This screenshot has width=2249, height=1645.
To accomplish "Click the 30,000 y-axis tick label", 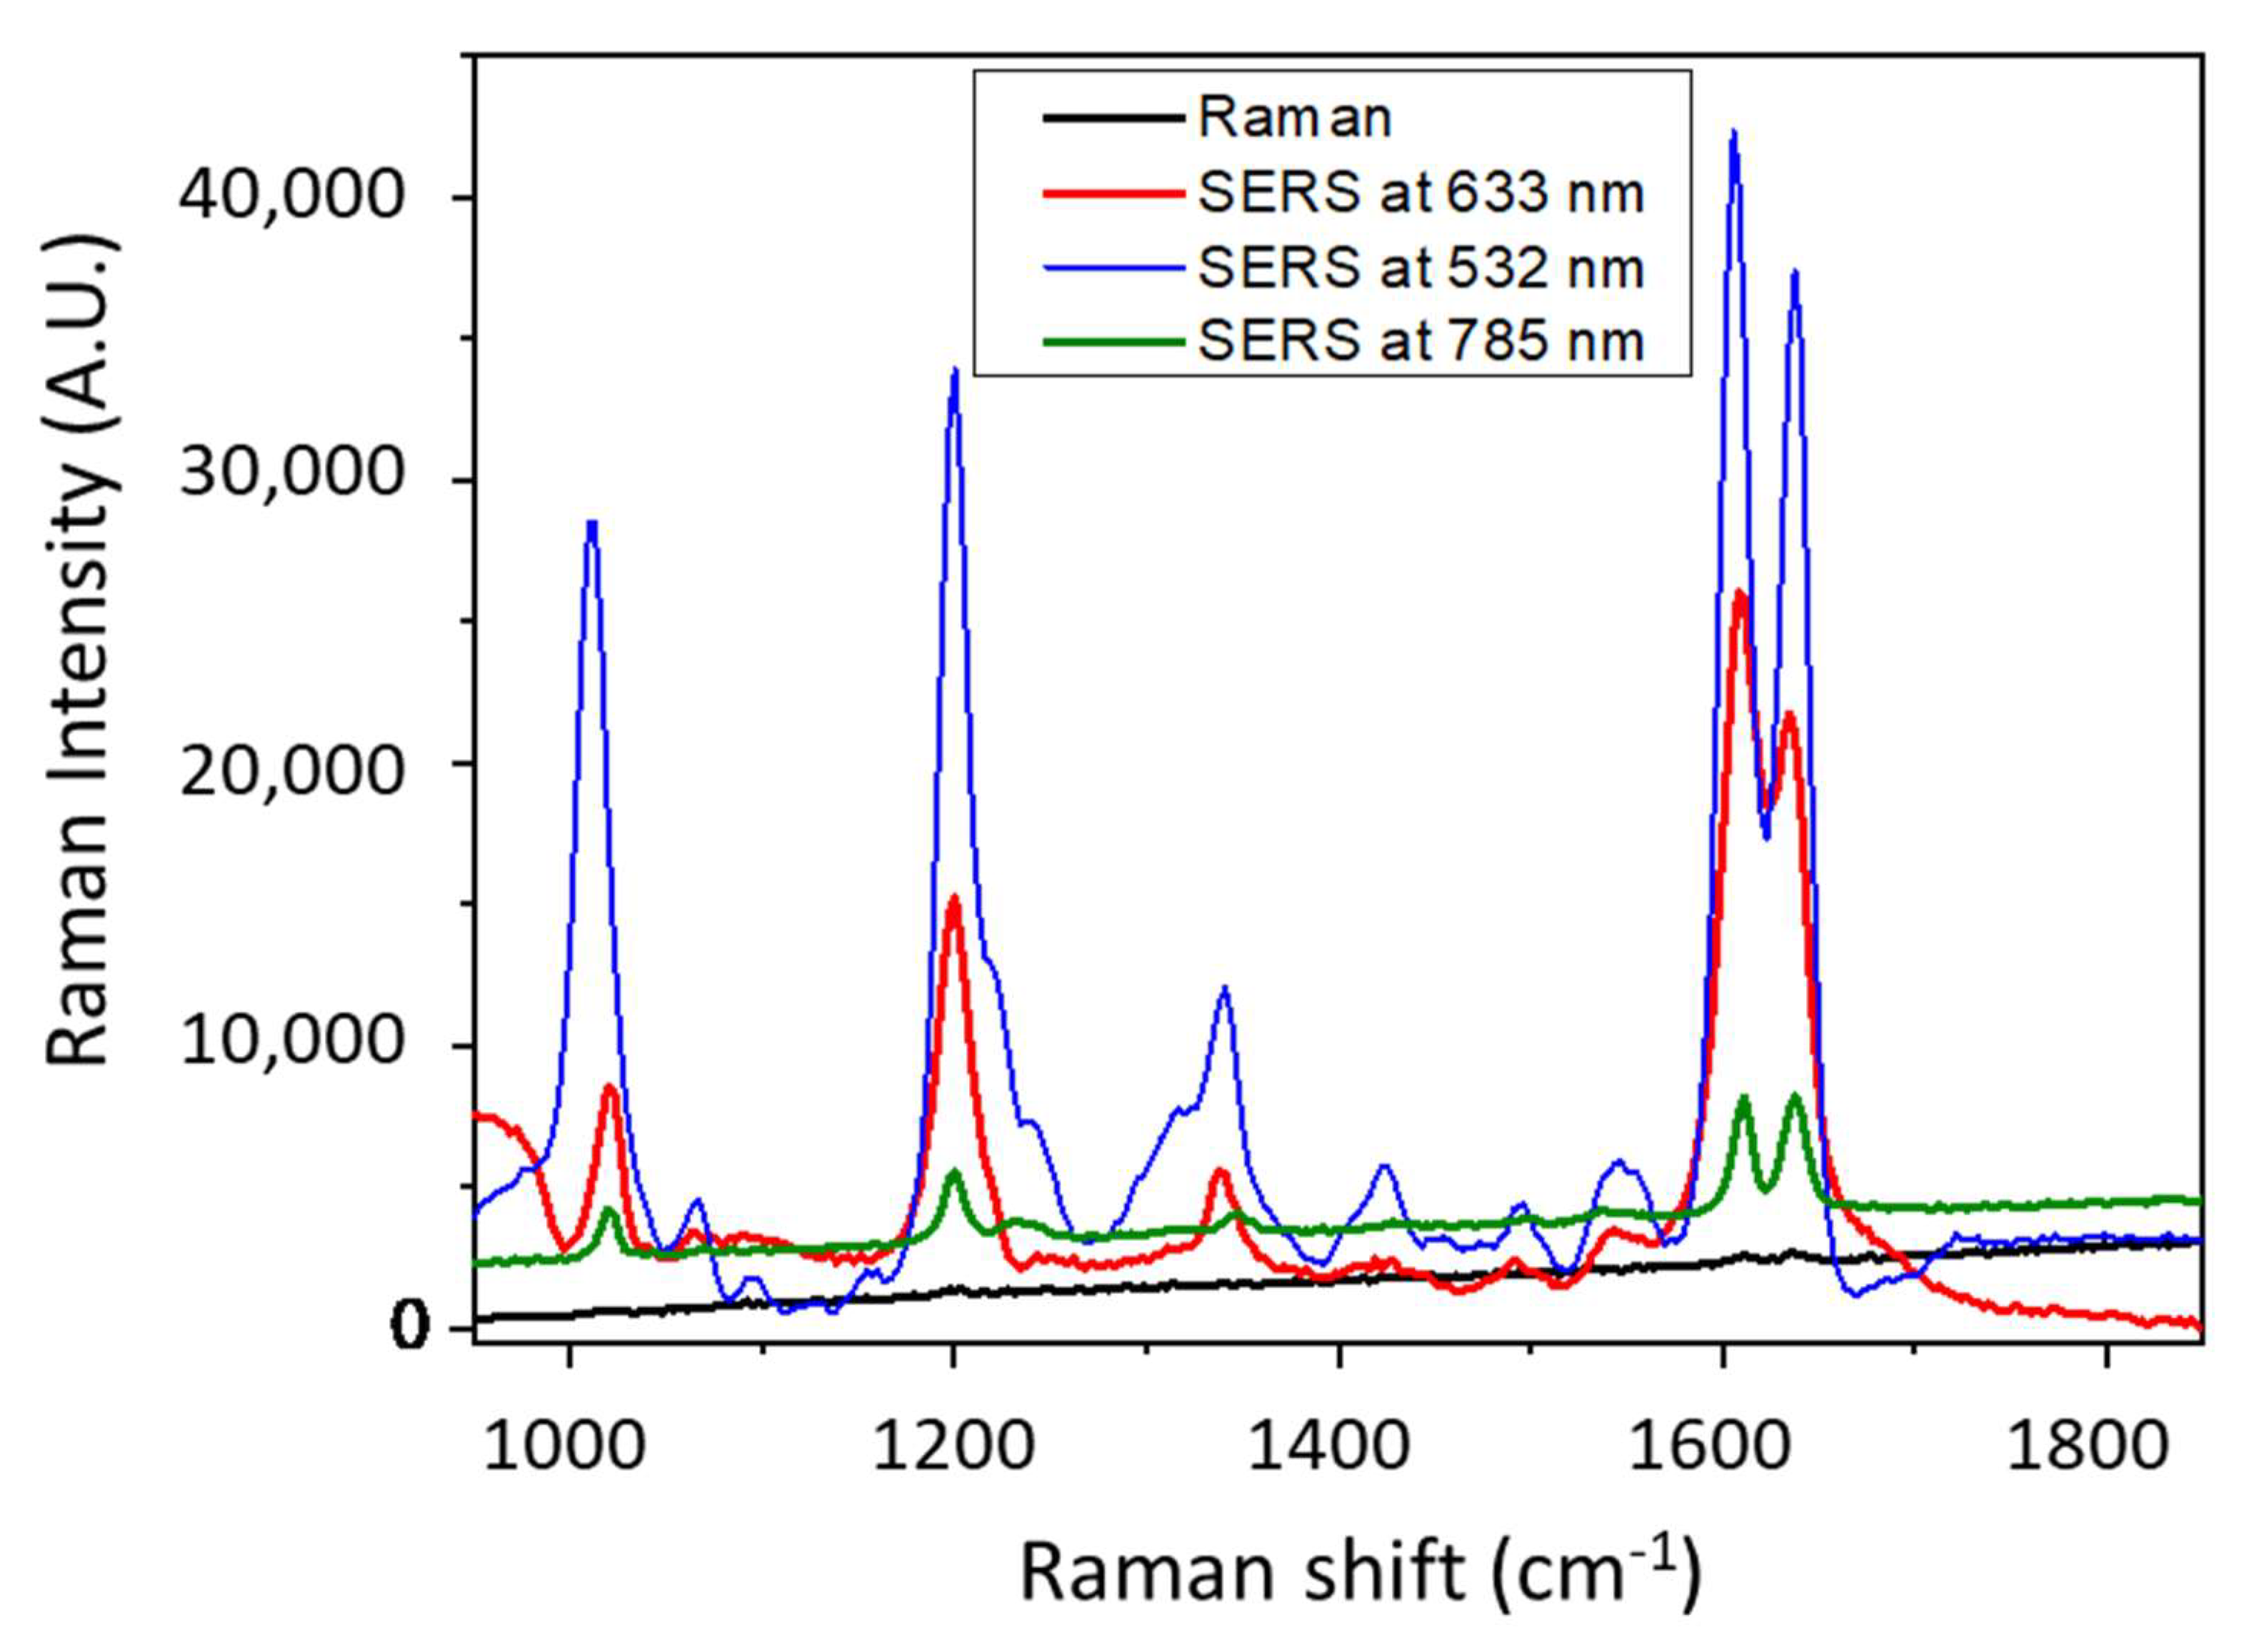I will tap(291, 478).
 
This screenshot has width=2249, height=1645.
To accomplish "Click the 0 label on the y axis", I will tap(409, 1327).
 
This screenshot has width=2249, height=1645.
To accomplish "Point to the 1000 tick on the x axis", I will tap(565, 1446).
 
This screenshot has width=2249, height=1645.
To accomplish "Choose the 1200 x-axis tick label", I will tap(953, 1446).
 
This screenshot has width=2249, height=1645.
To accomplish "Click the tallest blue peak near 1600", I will tap(1733, 132).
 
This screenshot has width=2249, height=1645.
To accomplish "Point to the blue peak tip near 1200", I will tap(955, 371).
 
